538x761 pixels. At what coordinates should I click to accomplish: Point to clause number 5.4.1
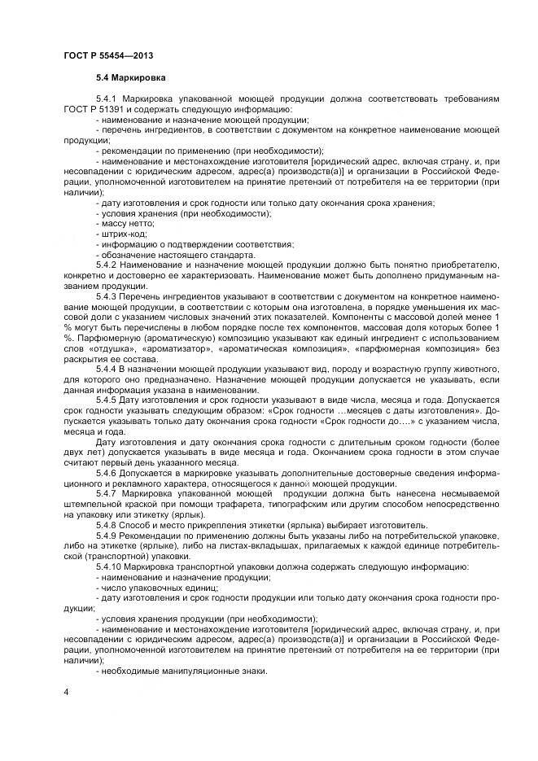coord(107,99)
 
